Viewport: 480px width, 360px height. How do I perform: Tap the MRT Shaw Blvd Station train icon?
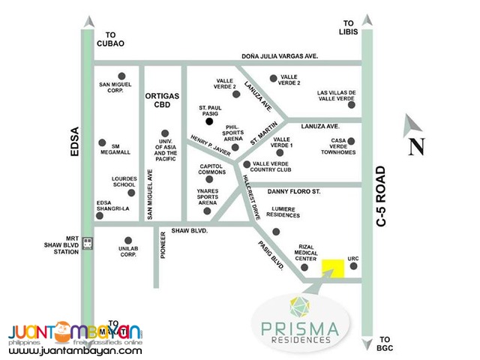pyautogui.click(x=88, y=242)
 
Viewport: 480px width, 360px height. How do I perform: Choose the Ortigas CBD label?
pyautogui.click(x=162, y=100)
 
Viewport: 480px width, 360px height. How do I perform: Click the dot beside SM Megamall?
pyautogui.click(x=102, y=142)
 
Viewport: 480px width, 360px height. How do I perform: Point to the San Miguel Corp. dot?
pyautogui.click(x=122, y=76)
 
